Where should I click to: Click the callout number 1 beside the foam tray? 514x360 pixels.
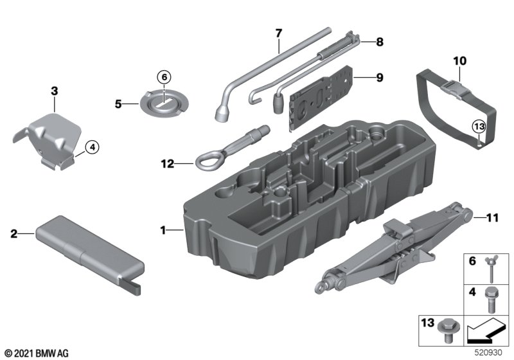(163, 229)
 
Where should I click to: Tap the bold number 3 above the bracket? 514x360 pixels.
(55, 91)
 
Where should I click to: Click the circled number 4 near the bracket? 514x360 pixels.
(92, 147)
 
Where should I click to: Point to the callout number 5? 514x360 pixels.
(118, 102)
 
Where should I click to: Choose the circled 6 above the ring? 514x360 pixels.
(164, 77)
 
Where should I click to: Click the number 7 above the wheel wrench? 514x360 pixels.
(278, 32)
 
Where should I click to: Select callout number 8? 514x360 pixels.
(379, 42)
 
